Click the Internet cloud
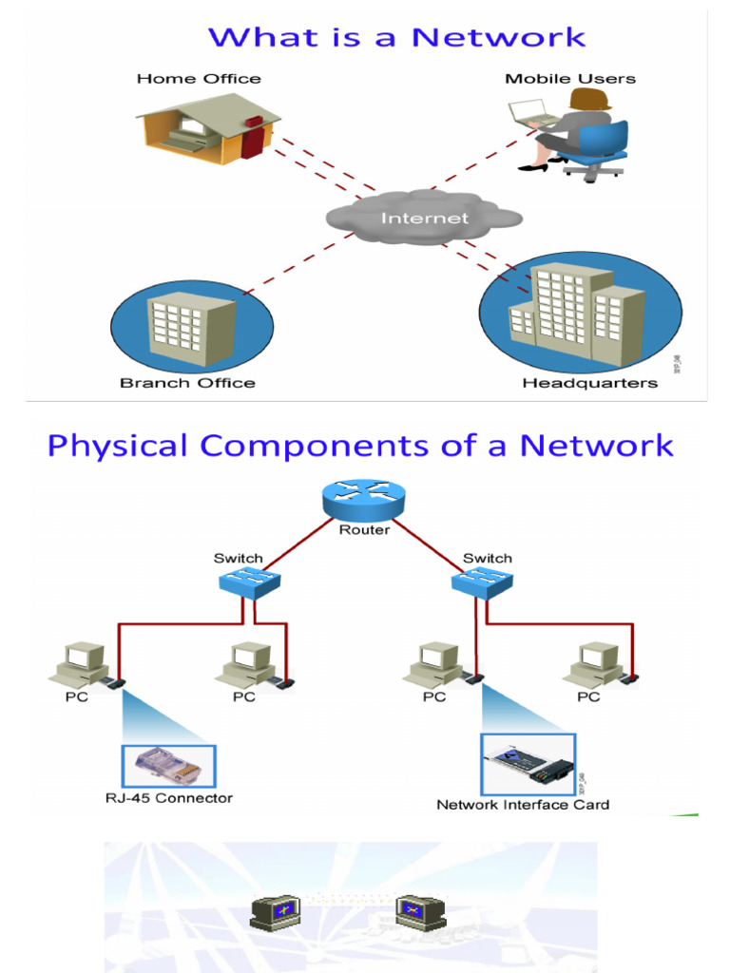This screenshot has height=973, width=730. (424, 218)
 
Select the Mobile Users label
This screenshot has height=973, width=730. (569, 79)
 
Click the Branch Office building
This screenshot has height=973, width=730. (191, 330)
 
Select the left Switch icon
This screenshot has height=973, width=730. (248, 581)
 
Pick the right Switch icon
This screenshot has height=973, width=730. (482, 581)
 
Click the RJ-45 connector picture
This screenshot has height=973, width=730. (168, 766)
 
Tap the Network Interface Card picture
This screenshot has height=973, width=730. (528, 764)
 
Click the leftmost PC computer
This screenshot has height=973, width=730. (80, 664)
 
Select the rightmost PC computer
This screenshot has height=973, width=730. (596, 664)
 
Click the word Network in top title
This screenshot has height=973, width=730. (498, 38)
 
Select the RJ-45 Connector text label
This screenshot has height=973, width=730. (168, 798)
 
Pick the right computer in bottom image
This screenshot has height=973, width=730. (419, 912)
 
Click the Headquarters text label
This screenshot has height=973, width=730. (589, 383)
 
